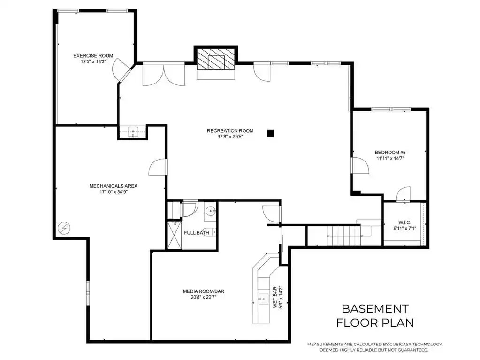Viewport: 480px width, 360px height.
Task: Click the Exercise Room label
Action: (x=93, y=56)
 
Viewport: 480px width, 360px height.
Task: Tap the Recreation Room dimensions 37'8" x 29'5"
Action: (x=230, y=137)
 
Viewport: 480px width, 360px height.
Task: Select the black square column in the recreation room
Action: (x=270, y=133)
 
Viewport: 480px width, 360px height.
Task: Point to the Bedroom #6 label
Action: (x=390, y=153)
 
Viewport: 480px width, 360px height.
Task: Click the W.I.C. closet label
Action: (x=405, y=222)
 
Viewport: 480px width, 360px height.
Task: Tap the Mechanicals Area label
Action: (x=113, y=186)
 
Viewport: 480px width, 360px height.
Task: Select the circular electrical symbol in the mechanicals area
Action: (x=64, y=228)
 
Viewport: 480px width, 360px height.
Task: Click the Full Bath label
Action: (x=197, y=233)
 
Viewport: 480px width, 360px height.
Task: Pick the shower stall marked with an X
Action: (x=175, y=235)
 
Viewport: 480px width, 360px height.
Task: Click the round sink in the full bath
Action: (x=211, y=211)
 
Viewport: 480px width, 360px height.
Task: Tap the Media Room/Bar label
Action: (x=204, y=291)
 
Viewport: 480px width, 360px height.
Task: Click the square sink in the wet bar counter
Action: (x=263, y=299)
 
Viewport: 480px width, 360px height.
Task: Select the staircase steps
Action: (x=343, y=236)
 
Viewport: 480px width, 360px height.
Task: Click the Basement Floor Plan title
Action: (x=375, y=315)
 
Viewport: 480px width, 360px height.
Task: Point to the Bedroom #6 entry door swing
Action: (x=360, y=166)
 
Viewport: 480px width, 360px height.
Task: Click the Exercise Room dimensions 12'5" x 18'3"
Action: (x=93, y=61)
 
